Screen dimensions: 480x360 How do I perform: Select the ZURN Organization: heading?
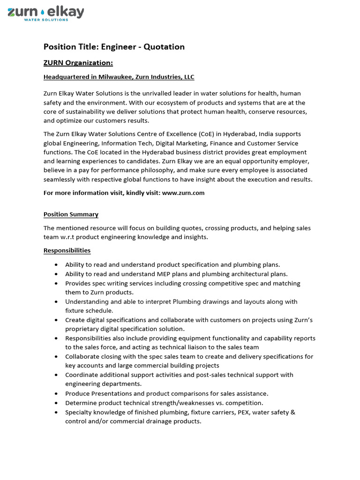coord(78,63)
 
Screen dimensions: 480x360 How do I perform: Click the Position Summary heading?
coord(71,214)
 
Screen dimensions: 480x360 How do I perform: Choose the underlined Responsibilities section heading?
coord(67,251)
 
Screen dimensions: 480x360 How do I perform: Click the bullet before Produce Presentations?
coord(56,394)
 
